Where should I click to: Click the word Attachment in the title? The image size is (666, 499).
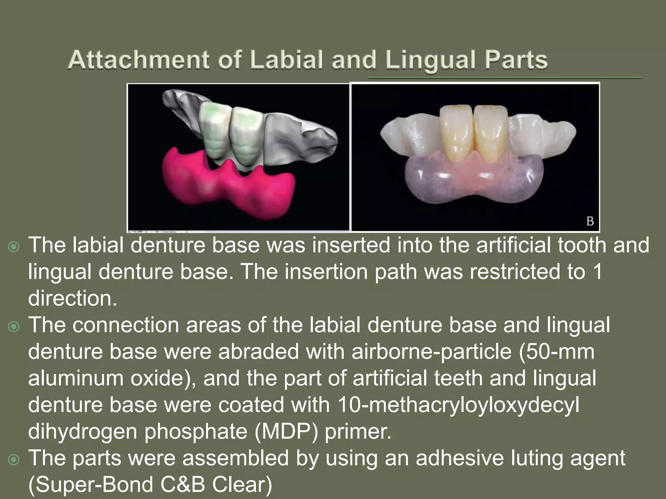pos(139,60)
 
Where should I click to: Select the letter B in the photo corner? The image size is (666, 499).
pos(590,222)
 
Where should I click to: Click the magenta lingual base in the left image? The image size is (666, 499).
pos(228,192)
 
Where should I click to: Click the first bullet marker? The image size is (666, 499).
pos(14,247)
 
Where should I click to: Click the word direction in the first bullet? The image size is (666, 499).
pos(72,299)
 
